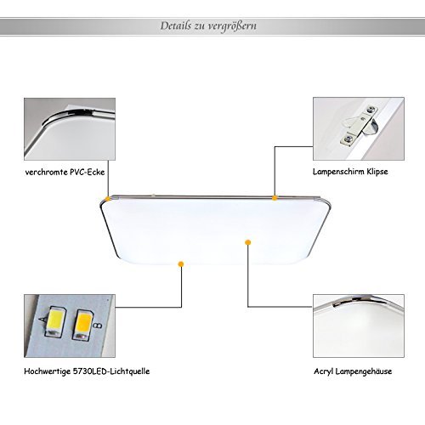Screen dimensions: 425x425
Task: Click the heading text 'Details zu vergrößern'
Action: [x=208, y=26]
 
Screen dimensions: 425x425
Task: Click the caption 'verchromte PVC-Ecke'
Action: [x=65, y=172]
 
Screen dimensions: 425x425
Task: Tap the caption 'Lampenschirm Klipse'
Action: [x=350, y=172]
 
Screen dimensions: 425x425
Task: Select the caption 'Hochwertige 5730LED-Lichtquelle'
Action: [x=87, y=371]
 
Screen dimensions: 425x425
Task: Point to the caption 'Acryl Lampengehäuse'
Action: [x=353, y=371]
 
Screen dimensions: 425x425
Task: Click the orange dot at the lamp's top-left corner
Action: [x=108, y=199]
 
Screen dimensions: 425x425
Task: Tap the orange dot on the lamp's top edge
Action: [x=275, y=198]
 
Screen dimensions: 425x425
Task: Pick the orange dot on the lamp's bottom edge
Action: [x=181, y=264]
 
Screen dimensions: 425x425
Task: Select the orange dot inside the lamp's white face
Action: [x=248, y=242]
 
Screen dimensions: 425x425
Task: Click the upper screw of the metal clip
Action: [x=371, y=109]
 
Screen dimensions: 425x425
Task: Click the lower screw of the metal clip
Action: [x=348, y=139]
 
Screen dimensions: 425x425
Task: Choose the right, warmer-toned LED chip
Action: [x=82, y=325]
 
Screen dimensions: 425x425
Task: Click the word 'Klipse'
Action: [x=377, y=172]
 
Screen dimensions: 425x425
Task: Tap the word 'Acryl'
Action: [x=323, y=371]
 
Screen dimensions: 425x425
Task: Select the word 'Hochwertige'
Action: [x=47, y=371]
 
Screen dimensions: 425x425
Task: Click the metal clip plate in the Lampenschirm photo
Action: [x=358, y=125]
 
